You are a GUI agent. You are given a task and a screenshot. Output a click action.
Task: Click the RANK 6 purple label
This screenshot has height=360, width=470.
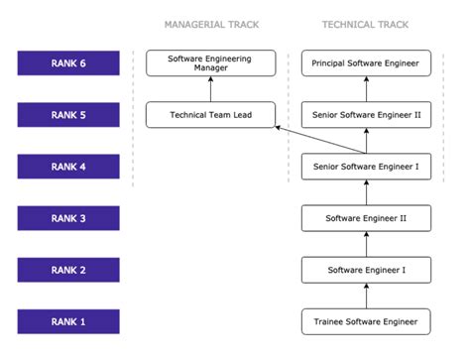coord(68,63)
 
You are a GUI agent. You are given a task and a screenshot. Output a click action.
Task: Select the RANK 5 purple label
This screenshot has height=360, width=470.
coord(68,115)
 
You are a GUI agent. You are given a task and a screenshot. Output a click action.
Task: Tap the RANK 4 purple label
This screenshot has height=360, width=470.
coord(68,167)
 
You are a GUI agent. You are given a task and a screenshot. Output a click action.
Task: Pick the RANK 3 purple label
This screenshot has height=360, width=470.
coord(68,218)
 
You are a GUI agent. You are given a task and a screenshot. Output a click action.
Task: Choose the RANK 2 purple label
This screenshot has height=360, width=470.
coord(68,270)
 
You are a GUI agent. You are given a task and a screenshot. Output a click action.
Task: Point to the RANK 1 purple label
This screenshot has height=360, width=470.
coord(68,321)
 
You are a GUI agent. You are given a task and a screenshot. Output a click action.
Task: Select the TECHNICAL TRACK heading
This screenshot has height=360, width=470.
coord(366,24)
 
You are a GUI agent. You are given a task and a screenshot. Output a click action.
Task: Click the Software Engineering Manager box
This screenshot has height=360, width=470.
coord(209,63)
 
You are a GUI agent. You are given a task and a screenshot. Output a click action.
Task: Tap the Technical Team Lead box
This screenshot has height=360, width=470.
coord(209,115)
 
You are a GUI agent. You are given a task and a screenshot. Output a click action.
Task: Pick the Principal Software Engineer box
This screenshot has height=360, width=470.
coord(366,63)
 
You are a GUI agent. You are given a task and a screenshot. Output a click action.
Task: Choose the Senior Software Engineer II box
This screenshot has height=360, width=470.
coord(366,115)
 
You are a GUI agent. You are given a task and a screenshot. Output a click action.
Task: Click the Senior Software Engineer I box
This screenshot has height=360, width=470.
coord(366,167)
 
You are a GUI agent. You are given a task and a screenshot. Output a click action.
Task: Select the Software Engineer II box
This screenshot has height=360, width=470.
coord(366,218)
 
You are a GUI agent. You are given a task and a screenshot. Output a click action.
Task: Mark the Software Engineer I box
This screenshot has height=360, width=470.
coord(366,270)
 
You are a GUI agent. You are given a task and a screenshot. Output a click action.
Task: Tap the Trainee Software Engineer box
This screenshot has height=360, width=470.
coord(366,321)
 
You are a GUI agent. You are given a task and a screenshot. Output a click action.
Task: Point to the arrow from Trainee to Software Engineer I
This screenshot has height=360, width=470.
coord(366,296)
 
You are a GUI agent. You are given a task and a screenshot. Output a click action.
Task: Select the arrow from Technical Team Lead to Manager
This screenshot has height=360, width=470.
coord(209,89)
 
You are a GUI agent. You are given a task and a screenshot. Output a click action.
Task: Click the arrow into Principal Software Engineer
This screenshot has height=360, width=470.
coord(366,89)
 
